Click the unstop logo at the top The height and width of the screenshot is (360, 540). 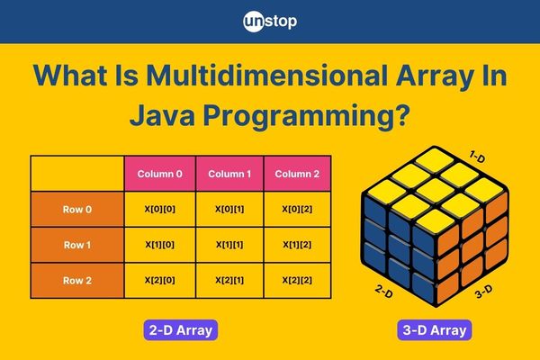pyautogui.click(x=270, y=22)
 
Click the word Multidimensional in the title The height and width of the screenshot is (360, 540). pyautogui.click(x=267, y=75)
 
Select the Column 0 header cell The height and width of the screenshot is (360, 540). pyautogui.click(x=160, y=174)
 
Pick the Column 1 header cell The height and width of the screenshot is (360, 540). pyautogui.click(x=229, y=174)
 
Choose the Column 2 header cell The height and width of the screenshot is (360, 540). pyautogui.click(x=297, y=174)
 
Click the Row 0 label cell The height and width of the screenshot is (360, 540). pyautogui.click(x=77, y=209)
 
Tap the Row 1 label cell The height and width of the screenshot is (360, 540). pyautogui.click(x=77, y=245)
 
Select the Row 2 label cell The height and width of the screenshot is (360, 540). pyautogui.click(x=77, y=281)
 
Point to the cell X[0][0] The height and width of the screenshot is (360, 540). pyautogui.click(x=160, y=209)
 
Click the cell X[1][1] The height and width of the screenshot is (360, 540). pyautogui.click(x=229, y=245)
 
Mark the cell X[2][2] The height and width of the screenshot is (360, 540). pyautogui.click(x=297, y=281)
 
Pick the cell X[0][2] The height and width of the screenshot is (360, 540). pyautogui.click(x=297, y=209)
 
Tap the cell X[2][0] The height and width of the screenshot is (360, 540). pyautogui.click(x=160, y=281)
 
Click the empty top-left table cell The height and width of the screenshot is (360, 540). pyautogui.click(x=77, y=174)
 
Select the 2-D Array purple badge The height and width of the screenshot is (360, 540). pyautogui.click(x=181, y=330)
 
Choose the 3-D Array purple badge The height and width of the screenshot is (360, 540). pyautogui.click(x=435, y=330)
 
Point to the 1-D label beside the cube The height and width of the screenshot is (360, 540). pyautogui.click(x=477, y=157)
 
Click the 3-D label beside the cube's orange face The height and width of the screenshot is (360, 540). pyautogui.click(x=483, y=292)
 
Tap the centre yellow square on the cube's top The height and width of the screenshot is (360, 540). pyautogui.click(x=436, y=190)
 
